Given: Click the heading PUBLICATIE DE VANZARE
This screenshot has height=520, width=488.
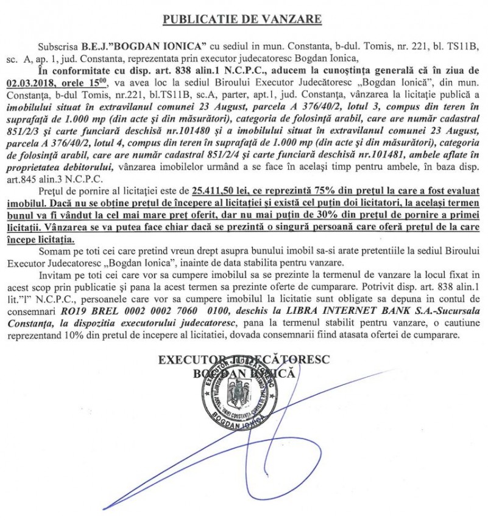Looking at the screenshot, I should tap(242, 19).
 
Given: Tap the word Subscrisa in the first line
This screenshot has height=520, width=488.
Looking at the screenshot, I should tap(58, 47).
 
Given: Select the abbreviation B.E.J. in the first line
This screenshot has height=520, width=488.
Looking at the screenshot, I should tap(94, 47).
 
